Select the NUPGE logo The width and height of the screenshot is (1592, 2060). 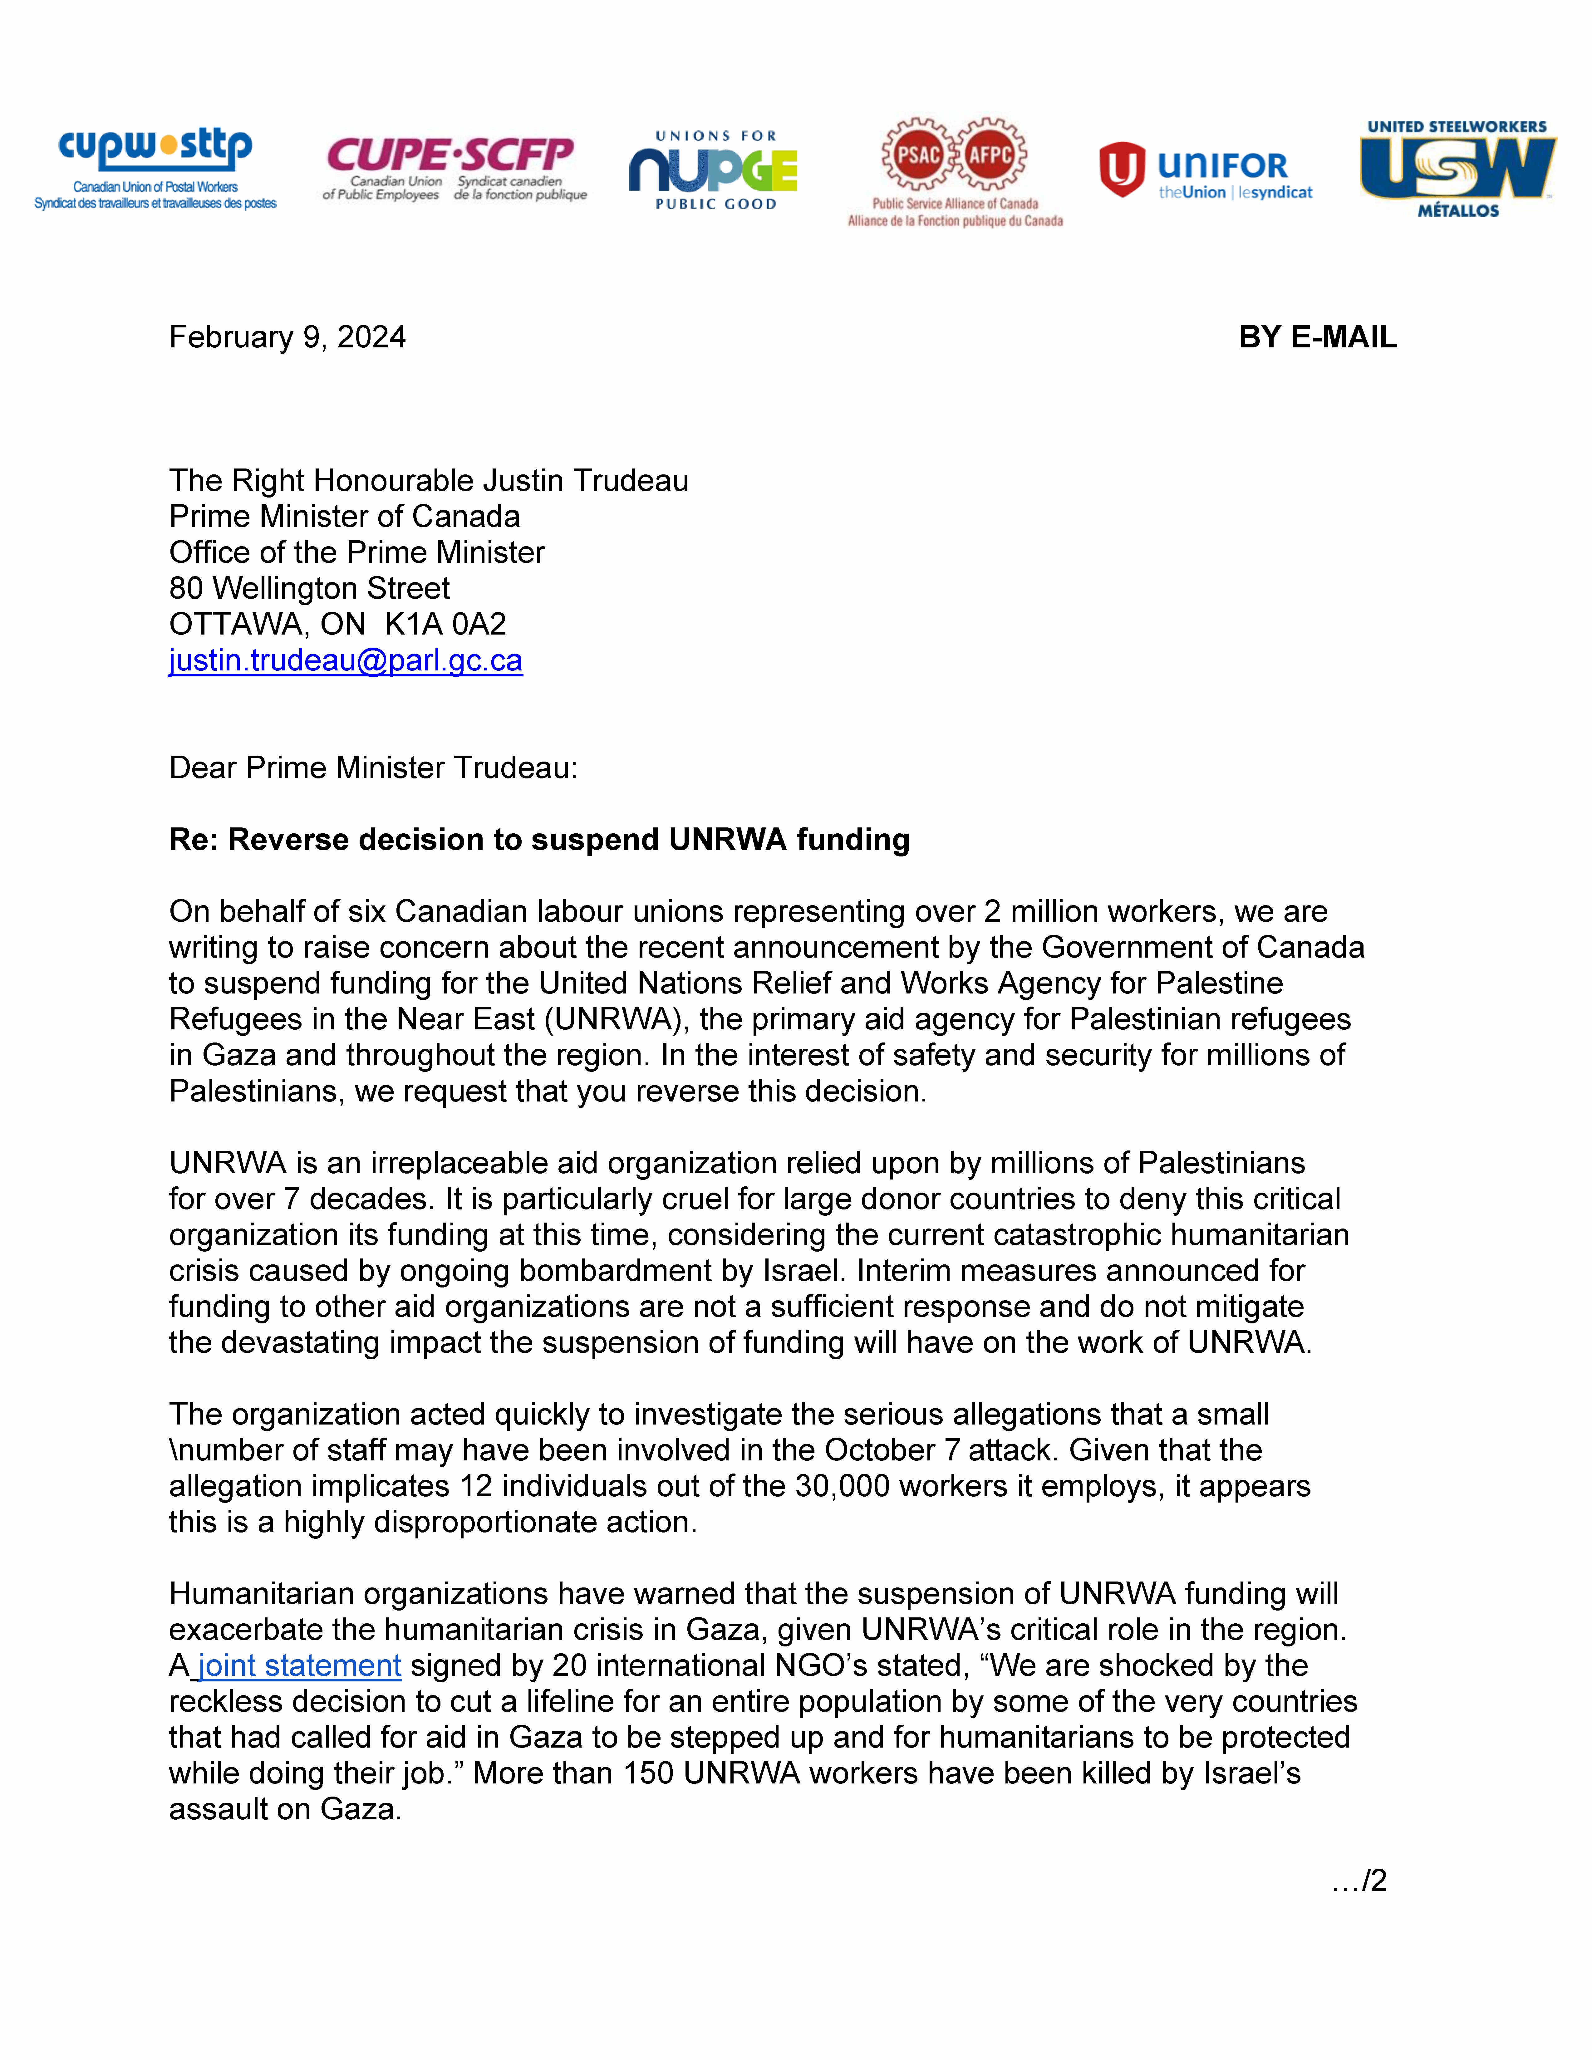coord(714,170)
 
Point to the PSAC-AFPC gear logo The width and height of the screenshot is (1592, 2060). coord(955,170)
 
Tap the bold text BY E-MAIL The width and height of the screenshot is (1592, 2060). coord(1318,337)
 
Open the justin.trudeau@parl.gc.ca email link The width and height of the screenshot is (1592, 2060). coord(345,660)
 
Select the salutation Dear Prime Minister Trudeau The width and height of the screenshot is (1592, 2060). coord(372,768)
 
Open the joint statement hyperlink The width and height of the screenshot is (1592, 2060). coord(299,1666)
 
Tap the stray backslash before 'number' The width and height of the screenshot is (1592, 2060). coord(173,1451)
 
